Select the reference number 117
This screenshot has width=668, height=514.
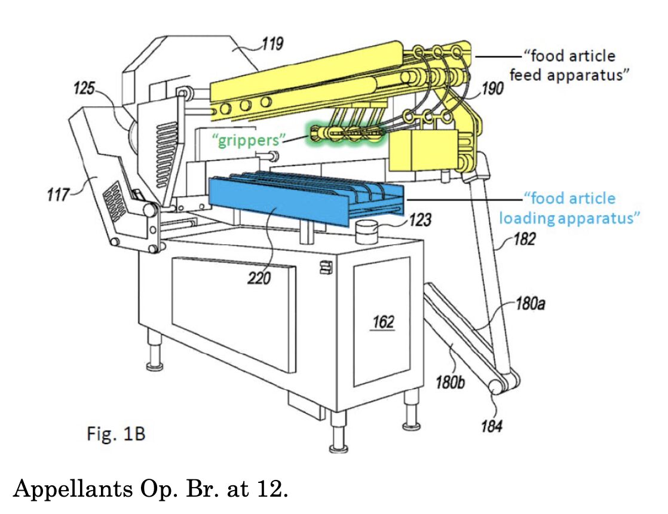[57, 194]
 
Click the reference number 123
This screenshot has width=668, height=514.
[420, 220]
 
